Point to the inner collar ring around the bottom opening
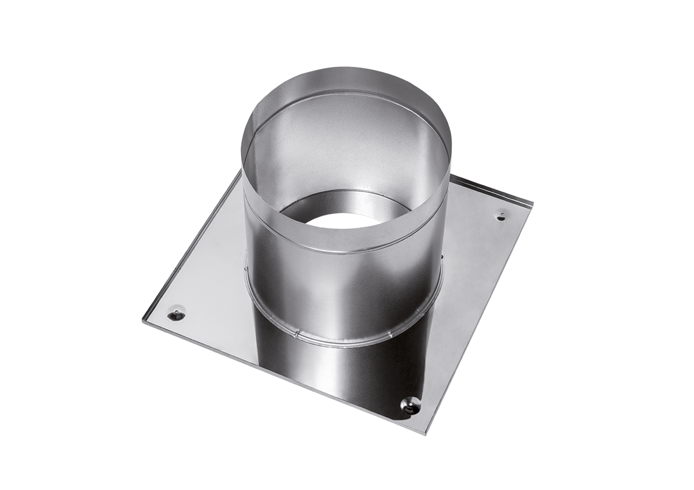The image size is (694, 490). coord(347,202)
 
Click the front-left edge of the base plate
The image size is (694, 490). coord(278,376)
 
